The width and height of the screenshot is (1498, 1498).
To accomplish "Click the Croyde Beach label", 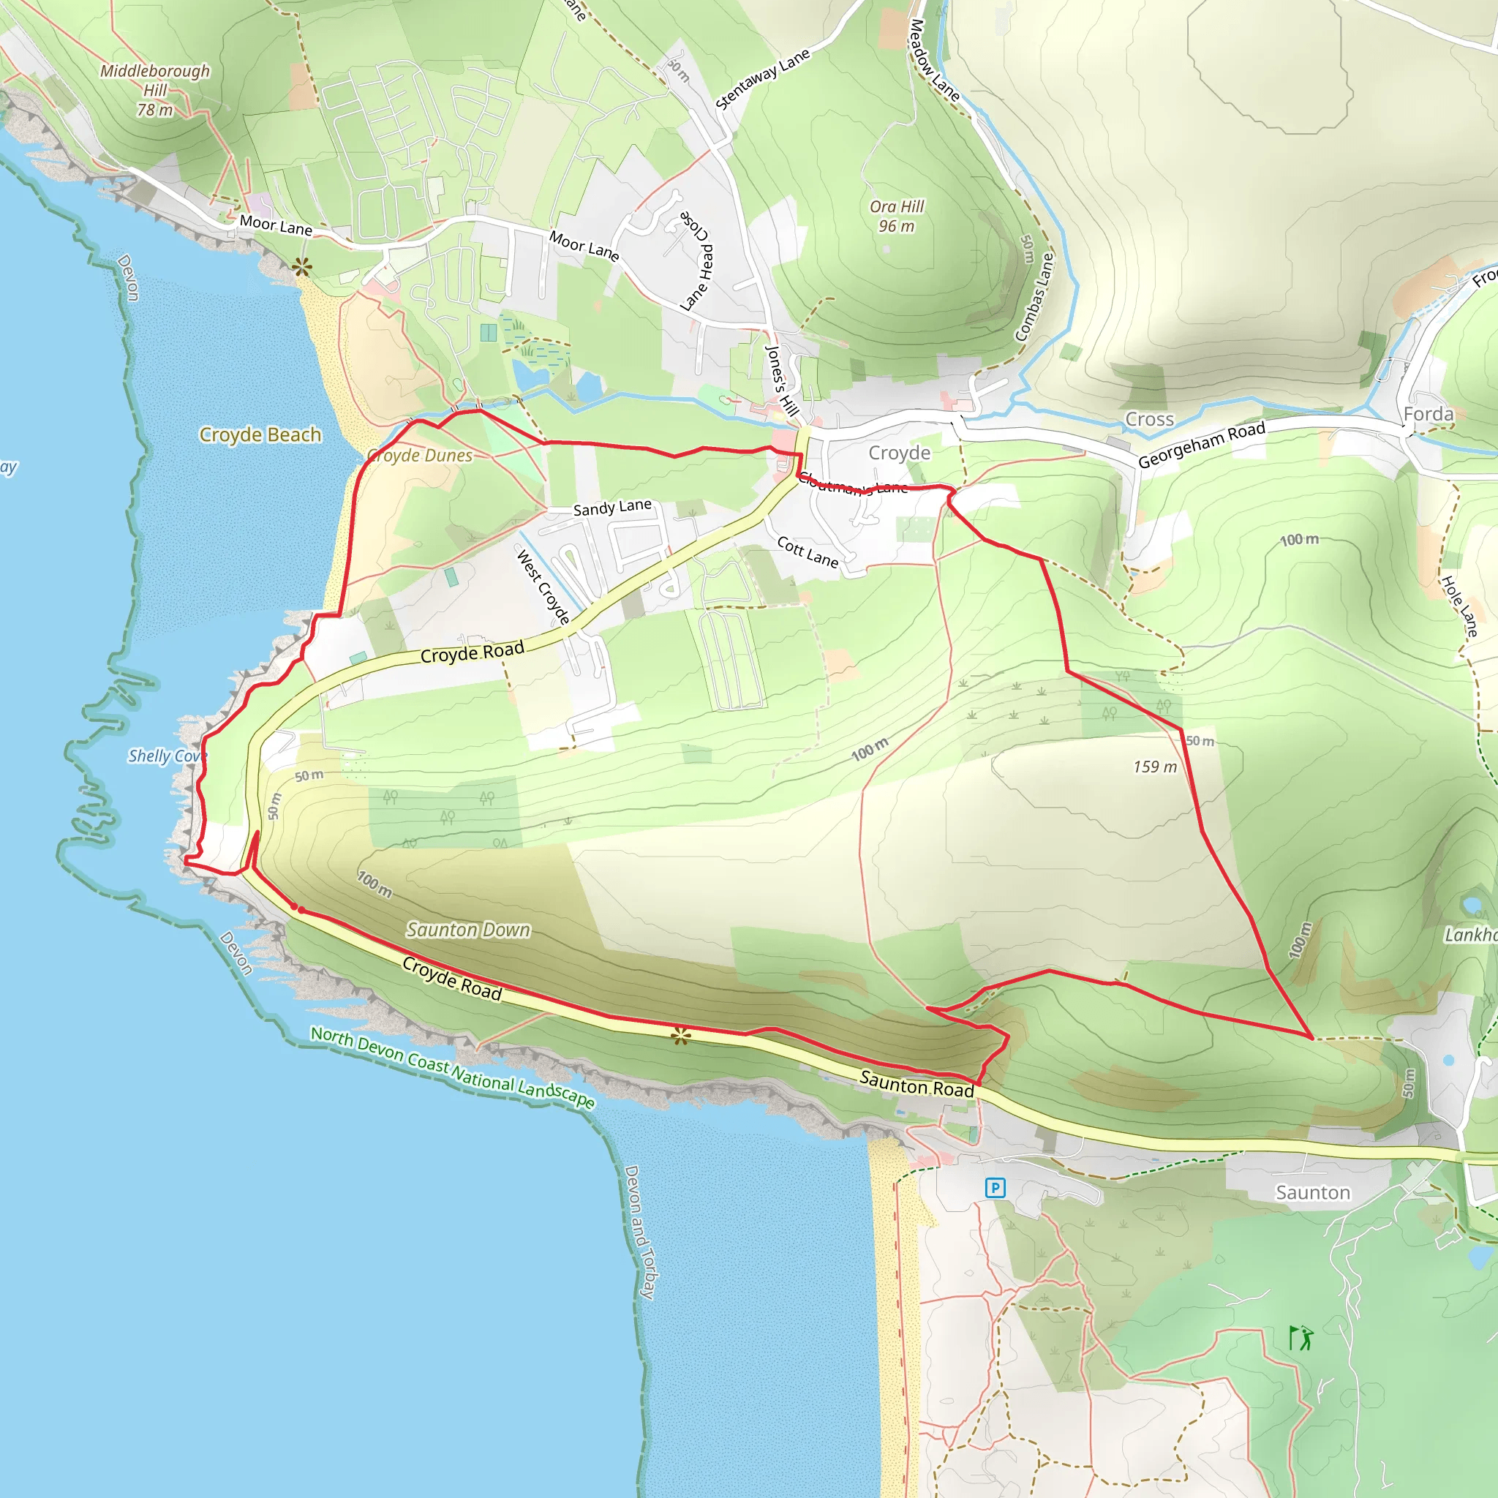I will click(260, 434).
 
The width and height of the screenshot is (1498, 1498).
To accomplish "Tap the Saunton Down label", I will click(468, 929).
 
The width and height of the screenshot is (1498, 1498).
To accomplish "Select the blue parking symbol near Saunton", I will click(995, 1187).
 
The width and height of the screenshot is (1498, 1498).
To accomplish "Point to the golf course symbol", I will click(1301, 1338).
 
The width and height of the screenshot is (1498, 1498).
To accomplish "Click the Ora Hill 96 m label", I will click(896, 217).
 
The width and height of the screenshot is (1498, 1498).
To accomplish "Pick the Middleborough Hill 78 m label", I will click(155, 90).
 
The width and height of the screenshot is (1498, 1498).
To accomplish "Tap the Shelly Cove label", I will click(166, 756).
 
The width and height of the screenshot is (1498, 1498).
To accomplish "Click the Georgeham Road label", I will click(1201, 445).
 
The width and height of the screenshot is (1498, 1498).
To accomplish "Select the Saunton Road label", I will click(916, 1084).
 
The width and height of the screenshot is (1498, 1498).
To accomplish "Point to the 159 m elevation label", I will click(1154, 767).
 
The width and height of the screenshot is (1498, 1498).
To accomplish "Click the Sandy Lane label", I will click(611, 507).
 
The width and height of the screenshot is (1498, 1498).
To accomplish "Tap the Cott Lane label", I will click(808, 552).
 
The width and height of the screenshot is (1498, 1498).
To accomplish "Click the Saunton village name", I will click(1313, 1192).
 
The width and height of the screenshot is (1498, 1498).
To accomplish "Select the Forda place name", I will click(1429, 414).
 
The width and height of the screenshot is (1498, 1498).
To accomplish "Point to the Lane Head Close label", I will click(696, 260).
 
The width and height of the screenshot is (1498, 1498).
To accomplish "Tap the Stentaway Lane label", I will click(762, 78).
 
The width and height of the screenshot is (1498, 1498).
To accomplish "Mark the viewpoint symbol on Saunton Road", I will click(681, 1035).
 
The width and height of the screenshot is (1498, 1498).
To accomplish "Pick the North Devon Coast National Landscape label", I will click(452, 1067).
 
